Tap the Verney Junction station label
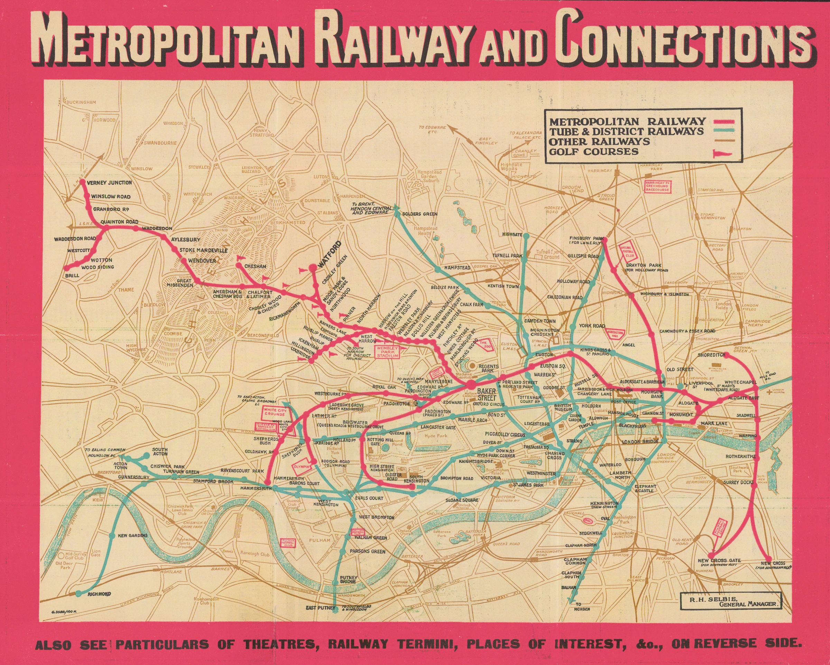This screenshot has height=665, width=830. point(109,183)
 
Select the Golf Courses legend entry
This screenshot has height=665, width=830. point(594,151)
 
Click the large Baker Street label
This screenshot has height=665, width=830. point(486,394)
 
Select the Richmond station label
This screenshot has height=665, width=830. point(99,594)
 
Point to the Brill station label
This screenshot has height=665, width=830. point(72,275)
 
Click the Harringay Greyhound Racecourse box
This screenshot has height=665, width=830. point(657,186)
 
